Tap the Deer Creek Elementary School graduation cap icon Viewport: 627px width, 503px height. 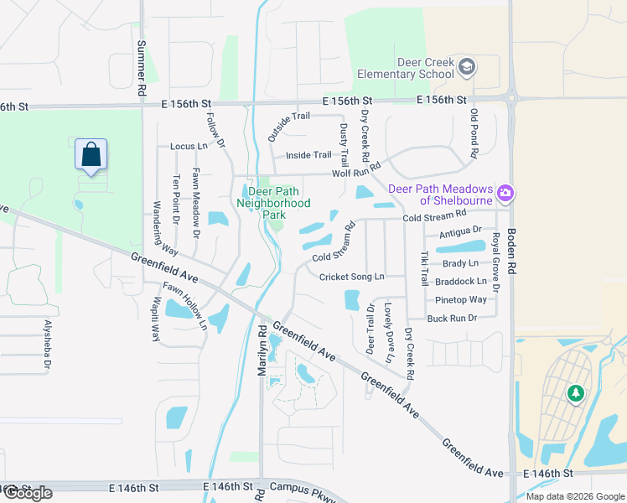[467, 66]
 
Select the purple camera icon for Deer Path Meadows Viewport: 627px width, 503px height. [505, 194]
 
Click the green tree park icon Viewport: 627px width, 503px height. [575, 392]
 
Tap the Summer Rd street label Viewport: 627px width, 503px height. [141, 68]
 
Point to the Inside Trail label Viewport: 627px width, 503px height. [308, 155]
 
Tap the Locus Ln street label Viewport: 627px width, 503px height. [188, 147]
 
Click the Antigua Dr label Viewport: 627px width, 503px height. [459, 231]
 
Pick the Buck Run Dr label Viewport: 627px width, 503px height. [452, 318]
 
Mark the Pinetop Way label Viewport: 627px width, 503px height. [461, 300]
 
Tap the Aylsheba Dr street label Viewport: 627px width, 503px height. [48, 344]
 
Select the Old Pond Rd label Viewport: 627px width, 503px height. [474, 133]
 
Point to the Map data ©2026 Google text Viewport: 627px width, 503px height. [574, 496]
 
